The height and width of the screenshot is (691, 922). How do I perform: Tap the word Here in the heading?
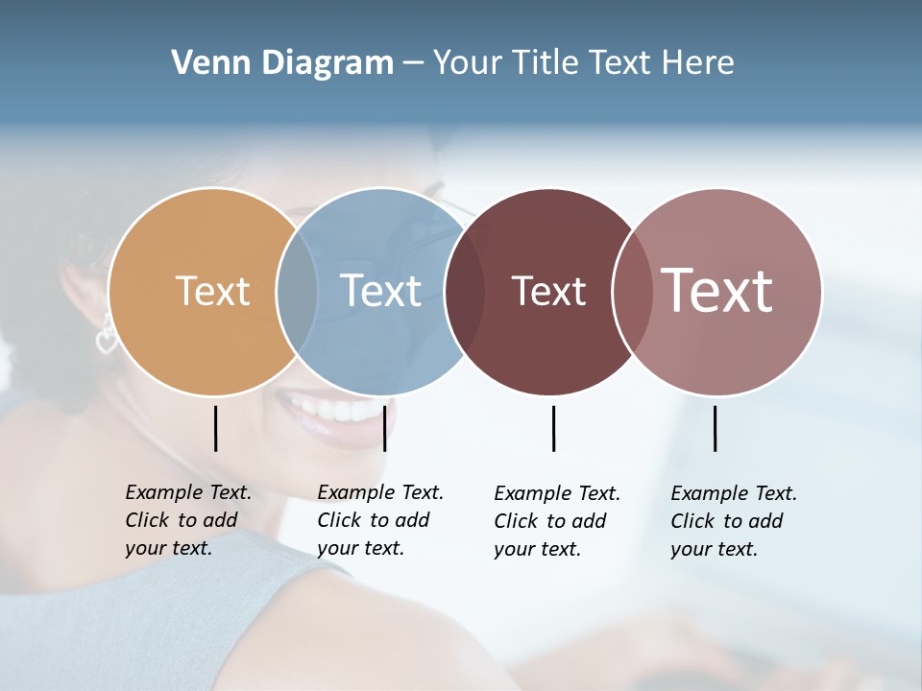pos(698,63)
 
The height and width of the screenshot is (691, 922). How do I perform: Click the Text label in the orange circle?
pos(213,291)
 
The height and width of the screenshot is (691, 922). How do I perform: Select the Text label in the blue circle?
pos(381,291)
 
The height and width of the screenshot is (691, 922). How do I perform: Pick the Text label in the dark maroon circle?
pos(548,291)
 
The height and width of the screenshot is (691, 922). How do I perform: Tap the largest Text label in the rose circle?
pos(717,291)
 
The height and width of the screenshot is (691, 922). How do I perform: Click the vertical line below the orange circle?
pos(215,428)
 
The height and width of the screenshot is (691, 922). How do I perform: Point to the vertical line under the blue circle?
pos(384,428)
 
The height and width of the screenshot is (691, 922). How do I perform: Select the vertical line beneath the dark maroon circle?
pos(553,428)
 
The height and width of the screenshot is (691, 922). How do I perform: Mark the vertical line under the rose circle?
pos(715,428)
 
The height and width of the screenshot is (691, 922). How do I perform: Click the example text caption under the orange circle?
pos(188,520)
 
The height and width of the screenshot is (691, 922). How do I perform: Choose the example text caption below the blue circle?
pos(380,520)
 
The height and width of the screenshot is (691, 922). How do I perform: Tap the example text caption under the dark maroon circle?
pos(557,521)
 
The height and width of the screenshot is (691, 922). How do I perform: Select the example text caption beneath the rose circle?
pos(734,521)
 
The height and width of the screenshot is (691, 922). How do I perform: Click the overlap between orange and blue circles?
pos(297,291)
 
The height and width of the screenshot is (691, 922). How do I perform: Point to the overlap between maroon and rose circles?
pos(631,291)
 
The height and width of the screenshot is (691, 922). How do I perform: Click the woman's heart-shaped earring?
pos(106,339)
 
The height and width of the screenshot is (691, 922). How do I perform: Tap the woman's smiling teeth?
pos(336,411)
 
